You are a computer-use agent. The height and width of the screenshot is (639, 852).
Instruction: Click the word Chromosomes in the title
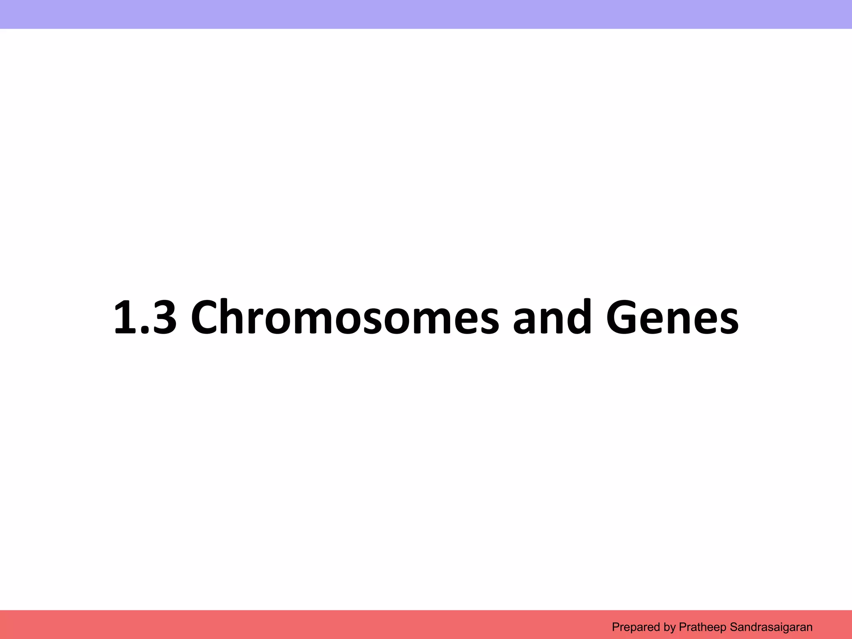pos(344,317)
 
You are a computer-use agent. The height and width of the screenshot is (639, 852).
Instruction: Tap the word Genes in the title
pos(672,317)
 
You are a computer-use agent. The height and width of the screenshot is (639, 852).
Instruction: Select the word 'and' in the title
pos(552,317)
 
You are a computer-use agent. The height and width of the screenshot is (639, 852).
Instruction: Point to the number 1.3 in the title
pos(145,317)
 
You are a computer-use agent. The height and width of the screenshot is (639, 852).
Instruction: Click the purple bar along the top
pos(426,14)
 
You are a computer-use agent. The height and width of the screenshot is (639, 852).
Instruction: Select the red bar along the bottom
pos(291,624)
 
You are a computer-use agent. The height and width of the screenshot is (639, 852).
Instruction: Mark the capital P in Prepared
pos(615,627)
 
